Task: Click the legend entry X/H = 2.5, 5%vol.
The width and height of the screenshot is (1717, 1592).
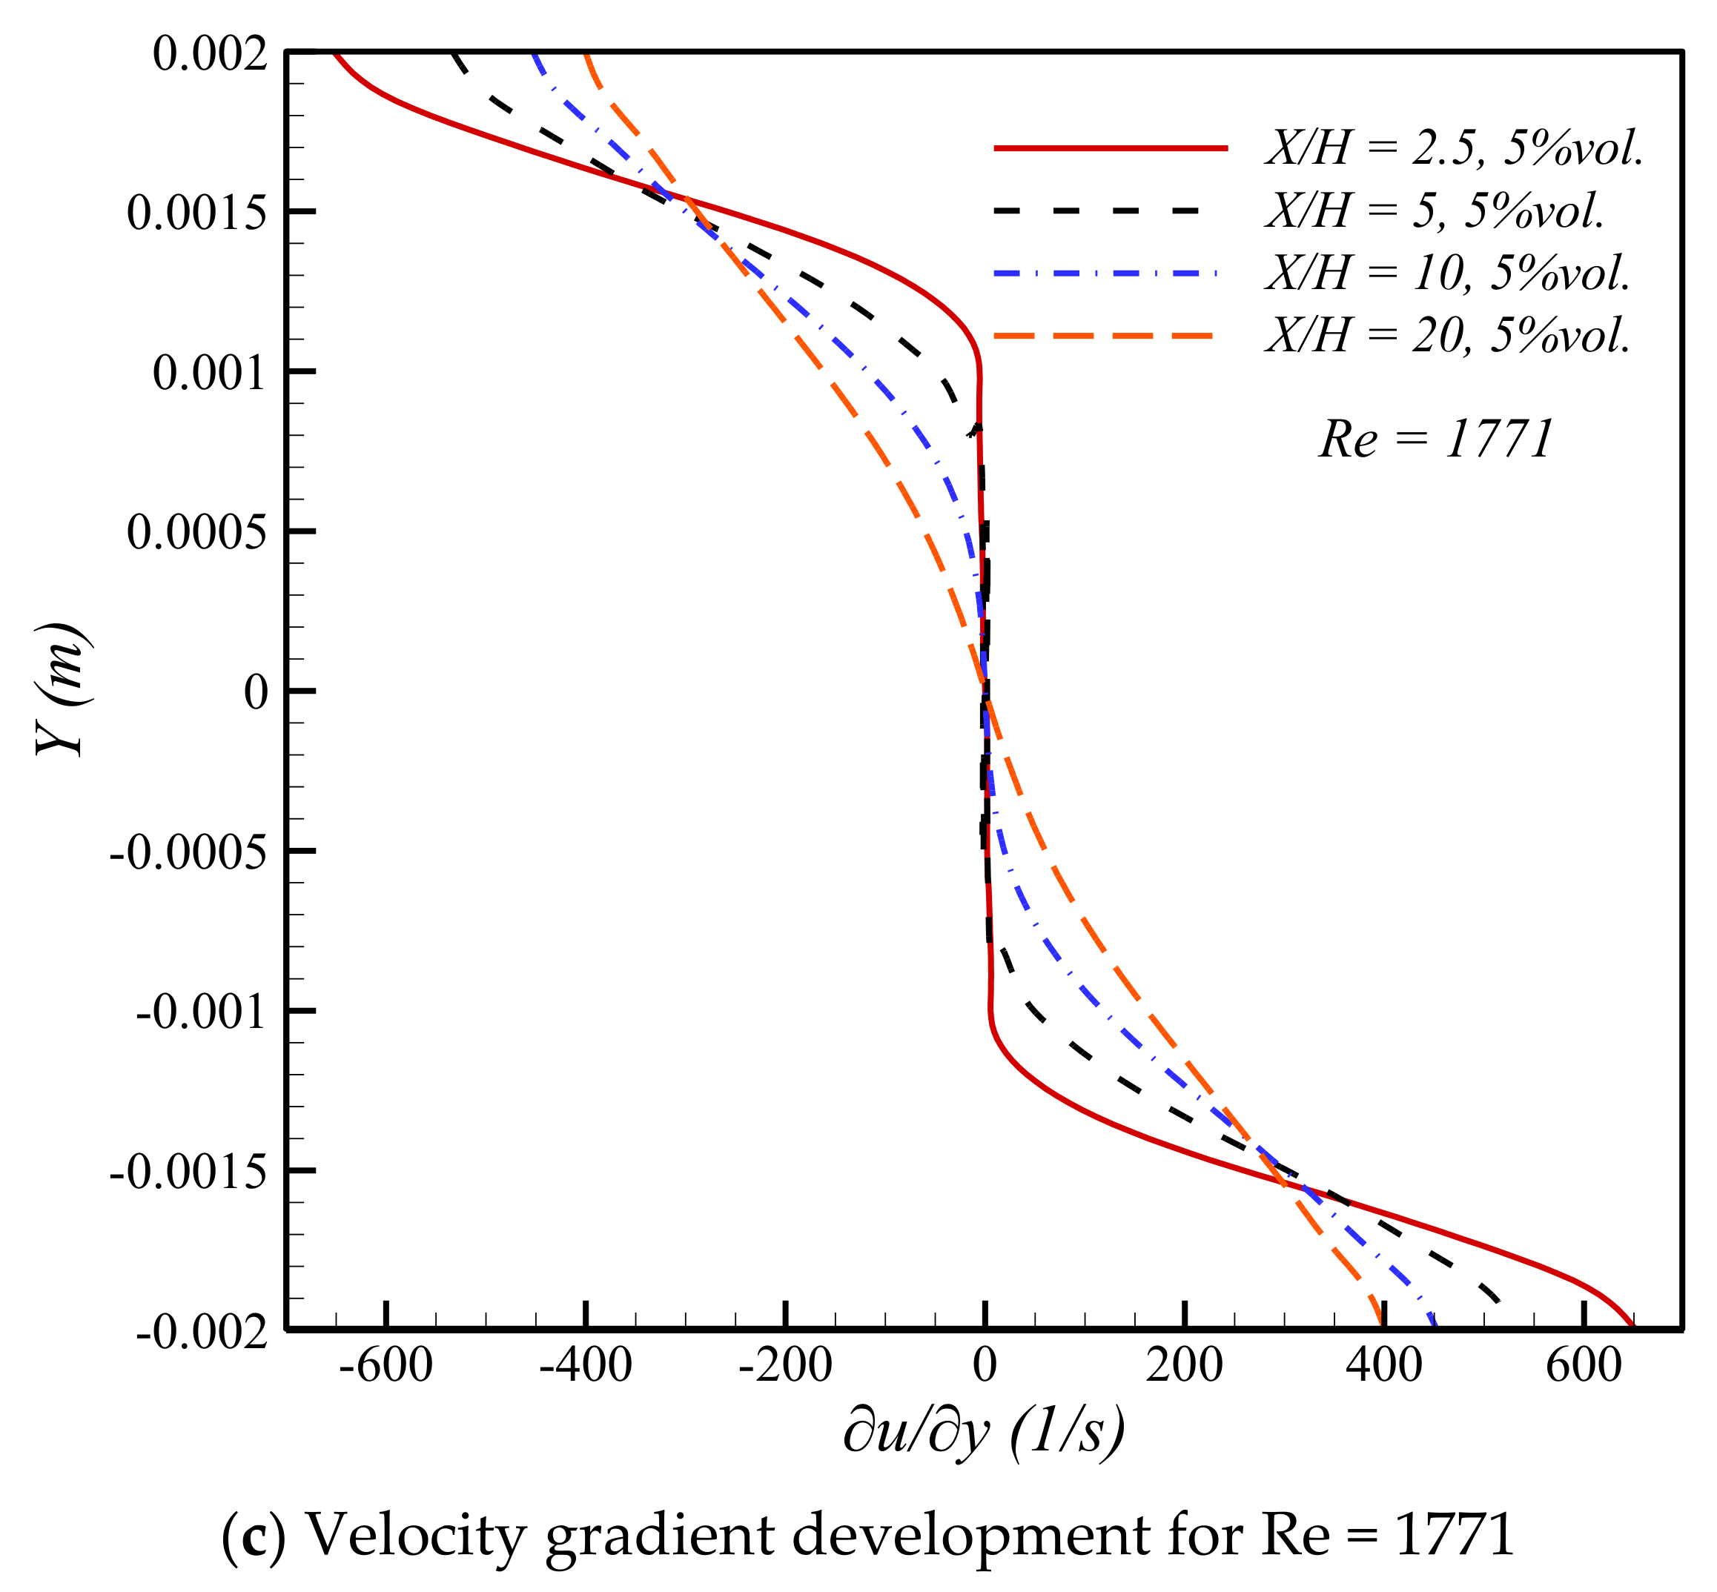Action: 1455,149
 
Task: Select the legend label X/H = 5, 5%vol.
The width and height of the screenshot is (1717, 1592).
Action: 1435,210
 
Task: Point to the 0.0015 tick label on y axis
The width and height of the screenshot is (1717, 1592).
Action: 196,212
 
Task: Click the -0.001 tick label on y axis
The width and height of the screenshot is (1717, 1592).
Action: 201,1012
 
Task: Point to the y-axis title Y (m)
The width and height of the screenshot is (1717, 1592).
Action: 62,690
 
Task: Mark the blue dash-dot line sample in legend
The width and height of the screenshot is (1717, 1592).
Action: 1105,273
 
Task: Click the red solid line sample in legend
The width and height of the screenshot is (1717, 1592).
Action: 1110,149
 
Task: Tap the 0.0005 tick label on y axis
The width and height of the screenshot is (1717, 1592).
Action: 196,531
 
